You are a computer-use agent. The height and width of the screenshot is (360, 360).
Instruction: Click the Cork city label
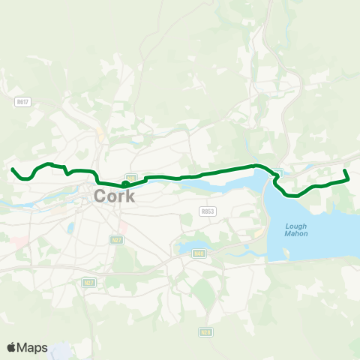click(x=115, y=196)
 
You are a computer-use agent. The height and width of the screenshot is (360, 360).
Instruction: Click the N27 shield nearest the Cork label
click(x=116, y=240)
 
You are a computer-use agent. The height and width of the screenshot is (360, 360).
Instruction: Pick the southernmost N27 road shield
click(x=88, y=283)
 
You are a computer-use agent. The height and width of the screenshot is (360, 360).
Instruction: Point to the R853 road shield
click(x=208, y=212)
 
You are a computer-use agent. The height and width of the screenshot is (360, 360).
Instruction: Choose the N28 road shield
click(x=205, y=331)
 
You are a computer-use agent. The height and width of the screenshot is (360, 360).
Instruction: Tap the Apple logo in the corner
click(x=12, y=347)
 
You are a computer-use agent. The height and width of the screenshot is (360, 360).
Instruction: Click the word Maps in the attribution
click(x=33, y=347)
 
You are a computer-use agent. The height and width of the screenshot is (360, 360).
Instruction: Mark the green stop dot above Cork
click(x=125, y=184)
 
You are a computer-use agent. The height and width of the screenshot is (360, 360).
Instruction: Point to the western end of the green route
click(x=13, y=169)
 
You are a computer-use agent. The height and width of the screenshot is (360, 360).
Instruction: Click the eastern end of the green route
click(x=345, y=172)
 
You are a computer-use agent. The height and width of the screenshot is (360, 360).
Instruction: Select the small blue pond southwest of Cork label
click(x=70, y=226)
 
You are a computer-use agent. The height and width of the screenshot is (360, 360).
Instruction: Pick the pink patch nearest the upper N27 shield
click(x=123, y=226)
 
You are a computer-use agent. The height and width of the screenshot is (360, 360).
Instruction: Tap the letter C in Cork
click(x=100, y=196)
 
